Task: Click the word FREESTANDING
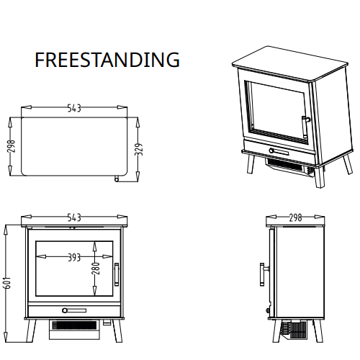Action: pos(107,60)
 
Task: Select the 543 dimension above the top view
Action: pos(73,108)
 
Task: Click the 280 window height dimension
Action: pos(95,269)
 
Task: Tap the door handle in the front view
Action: pos(117,275)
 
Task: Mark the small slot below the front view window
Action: pos(73,311)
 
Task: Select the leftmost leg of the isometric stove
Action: pos(248,165)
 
